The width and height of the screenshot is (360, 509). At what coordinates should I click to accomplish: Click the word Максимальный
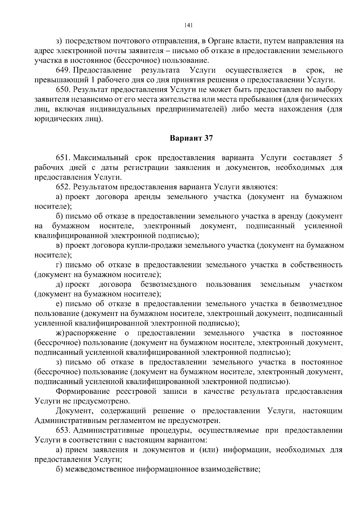point(101,158)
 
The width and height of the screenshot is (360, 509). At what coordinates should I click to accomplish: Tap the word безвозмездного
point(169,284)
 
